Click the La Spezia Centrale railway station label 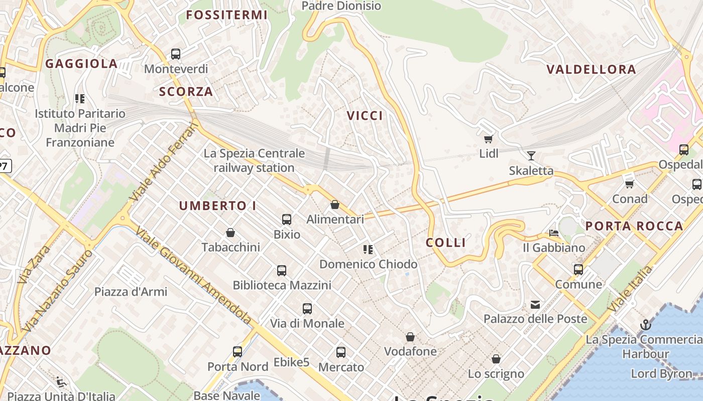[x=254, y=160]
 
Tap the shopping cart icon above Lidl [x=488, y=139]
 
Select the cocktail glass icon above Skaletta [x=531, y=155]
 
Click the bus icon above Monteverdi [x=175, y=54]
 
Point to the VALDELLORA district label [x=591, y=69]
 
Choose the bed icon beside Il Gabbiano [x=554, y=233]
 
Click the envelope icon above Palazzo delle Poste [x=535, y=304]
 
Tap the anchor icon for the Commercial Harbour [x=645, y=325]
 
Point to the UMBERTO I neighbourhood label [x=217, y=206]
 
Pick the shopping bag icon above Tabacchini [x=230, y=233]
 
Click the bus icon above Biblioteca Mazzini [x=282, y=271]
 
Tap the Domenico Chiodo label [x=368, y=264]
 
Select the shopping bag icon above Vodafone [x=410, y=337]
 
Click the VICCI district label [x=365, y=116]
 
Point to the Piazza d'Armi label [x=131, y=291]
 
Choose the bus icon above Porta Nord [x=238, y=352]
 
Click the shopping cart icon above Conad [x=630, y=184]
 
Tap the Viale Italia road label [x=631, y=290]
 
